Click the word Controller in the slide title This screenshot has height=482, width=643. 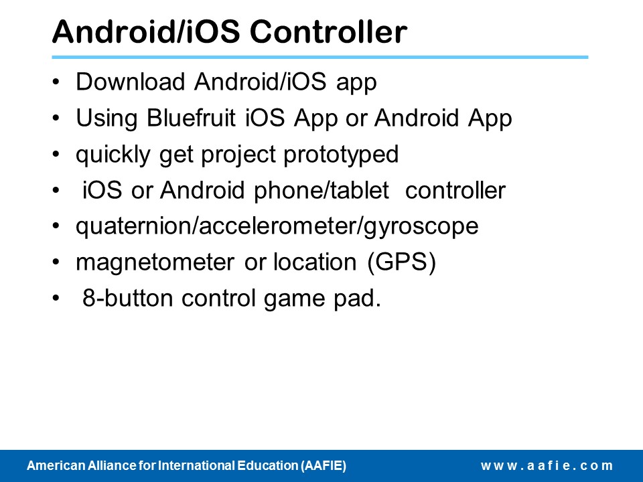click(x=328, y=31)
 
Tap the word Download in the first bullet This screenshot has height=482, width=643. click(x=131, y=81)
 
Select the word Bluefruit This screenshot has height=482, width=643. click(x=191, y=118)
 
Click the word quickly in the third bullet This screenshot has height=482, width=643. click(x=113, y=155)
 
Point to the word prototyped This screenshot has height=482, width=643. click(x=341, y=155)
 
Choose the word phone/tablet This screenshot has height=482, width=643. click(x=321, y=191)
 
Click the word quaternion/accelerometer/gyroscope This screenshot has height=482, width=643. click(x=277, y=227)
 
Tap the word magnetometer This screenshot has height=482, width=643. click(x=155, y=262)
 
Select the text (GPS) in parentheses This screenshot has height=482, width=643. click(x=401, y=262)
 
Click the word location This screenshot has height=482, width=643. click(x=315, y=262)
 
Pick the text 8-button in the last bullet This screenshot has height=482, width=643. click(x=127, y=298)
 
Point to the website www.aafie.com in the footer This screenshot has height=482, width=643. click(x=547, y=466)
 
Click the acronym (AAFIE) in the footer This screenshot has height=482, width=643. click(x=324, y=466)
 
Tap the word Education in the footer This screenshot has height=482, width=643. click(x=268, y=466)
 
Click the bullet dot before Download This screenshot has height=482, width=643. click(x=56, y=82)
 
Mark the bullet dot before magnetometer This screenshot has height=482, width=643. click(x=56, y=262)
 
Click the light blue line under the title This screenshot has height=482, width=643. click(x=320, y=58)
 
